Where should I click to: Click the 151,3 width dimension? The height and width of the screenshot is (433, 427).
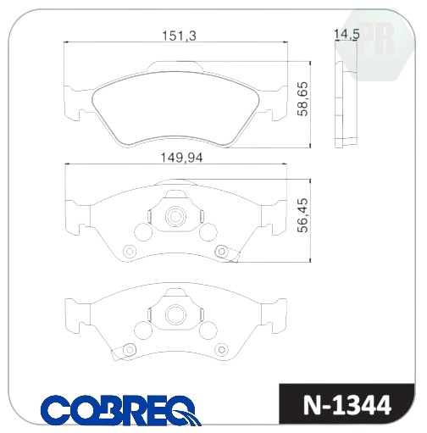pyautogui.click(x=179, y=36)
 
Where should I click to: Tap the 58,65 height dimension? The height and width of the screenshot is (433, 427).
pyautogui.click(x=302, y=98)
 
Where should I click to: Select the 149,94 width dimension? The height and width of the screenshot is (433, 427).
pyautogui.click(x=181, y=158)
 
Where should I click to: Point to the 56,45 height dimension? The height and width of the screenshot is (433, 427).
pyautogui.click(x=302, y=215)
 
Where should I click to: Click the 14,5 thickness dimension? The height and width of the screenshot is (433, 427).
pyautogui.click(x=347, y=35)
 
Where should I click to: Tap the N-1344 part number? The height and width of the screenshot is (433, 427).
pyautogui.click(x=347, y=405)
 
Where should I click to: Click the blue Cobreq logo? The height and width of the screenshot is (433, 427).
pyautogui.click(x=121, y=410)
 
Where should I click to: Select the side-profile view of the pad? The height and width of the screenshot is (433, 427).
pyautogui.click(x=346, y=104)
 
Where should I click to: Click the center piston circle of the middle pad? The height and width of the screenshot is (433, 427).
pyautogui.click(x=175, y=217)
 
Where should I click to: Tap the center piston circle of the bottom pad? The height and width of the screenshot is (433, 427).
pyautogui.click(x=175, y=314)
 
